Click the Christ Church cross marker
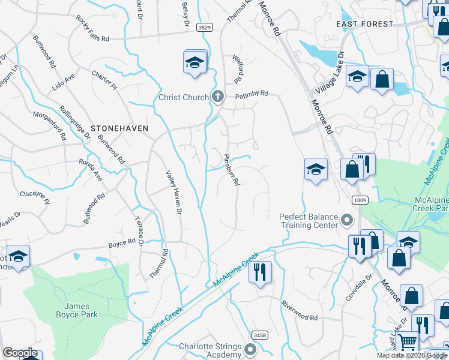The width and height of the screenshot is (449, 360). [x=218, y=96]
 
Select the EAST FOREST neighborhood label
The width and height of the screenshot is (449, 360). [x=365, y=24]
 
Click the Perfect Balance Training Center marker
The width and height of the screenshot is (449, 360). [x=346, y=221]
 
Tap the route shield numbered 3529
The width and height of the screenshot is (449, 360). [x=205, y=28]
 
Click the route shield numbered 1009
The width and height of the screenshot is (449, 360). [x=360, y=200]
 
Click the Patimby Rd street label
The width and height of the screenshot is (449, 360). [x=252, y=95]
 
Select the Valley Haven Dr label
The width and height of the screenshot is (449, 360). [x=172, y=191]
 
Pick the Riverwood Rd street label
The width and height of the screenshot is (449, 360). [x=299, y=311]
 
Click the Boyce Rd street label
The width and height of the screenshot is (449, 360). [x=122, y=244]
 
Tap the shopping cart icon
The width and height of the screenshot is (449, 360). [x=408, y=343]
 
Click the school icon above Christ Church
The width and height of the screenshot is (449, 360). [x=194, y=62]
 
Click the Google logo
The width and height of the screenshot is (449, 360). [x=20, y=353]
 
